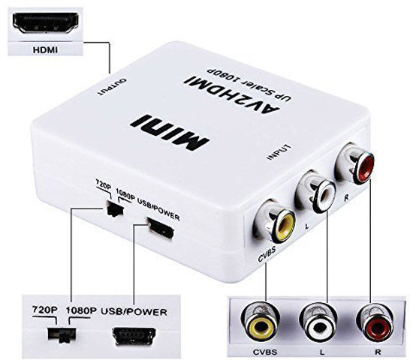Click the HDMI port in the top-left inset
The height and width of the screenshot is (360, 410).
pyautogui.click(x=46, y=23)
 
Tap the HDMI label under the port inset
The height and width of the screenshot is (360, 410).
pyautogui.click(x=45, y=50)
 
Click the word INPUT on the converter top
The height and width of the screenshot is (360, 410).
pyautogui.click(x=279, y=151)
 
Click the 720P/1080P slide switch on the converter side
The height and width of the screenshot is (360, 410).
pyautogui.click(x=115, y=208)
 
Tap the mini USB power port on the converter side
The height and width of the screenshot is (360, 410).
pyautogui.click(x=161, y=228)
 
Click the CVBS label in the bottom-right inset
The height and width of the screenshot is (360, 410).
pyautogui.click(x=265, y=352)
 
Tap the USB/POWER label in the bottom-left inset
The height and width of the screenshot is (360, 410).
pyautogui.click(x=134, y=312)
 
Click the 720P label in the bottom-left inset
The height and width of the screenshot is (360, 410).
pyautogui.click(x=44, y=310)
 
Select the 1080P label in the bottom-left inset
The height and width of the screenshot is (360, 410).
pyautogui.click(x=81, y=310)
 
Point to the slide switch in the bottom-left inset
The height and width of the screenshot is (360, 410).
pyautogui.click(x=62, y=334)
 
